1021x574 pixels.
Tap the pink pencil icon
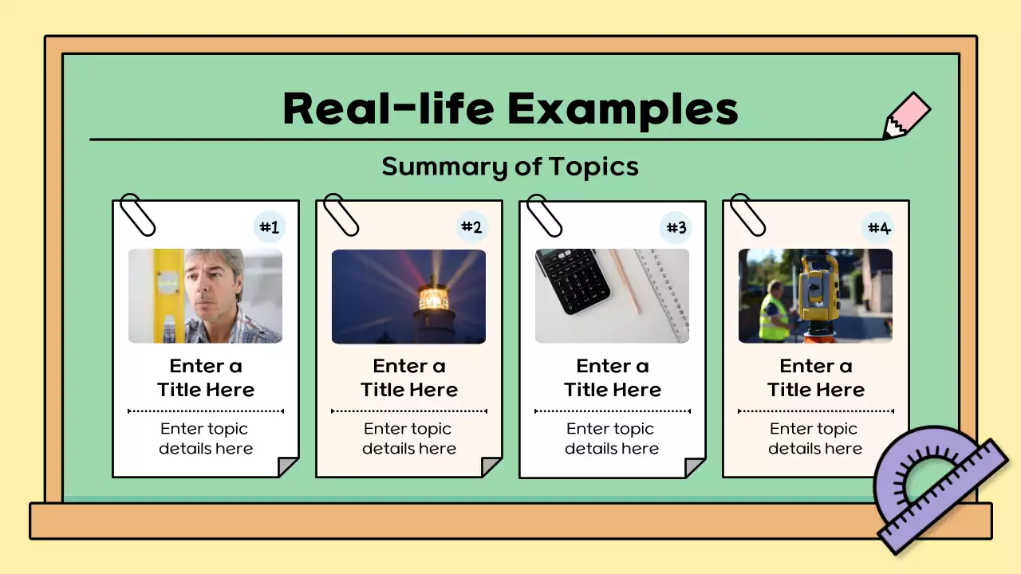pyautogui.click(x=908, y=116)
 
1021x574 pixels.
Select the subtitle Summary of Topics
pyautogui.click(x=510, y=167)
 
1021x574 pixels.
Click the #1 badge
pyautogui.click(x=270, y=228)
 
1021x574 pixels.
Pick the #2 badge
pyautogui.click(x=472, y=228)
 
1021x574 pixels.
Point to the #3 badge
pyautogui.click(x=676, y=228)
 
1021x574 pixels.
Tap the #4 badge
pyautogui.click(x=879, y=228)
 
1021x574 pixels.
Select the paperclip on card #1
pyautogui.click(x=137, y=214)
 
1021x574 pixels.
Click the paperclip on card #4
pyautogui.click(x=747, y=214)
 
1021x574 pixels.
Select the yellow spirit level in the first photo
pyautogui.click(x=168, y=295)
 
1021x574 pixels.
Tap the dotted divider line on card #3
pyautogui.click(x=612, y=411)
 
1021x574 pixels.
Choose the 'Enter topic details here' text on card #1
pyautogui.click(x=205, y=438)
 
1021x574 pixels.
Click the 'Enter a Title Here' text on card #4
pyautogui.click(x=815, y=378)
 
